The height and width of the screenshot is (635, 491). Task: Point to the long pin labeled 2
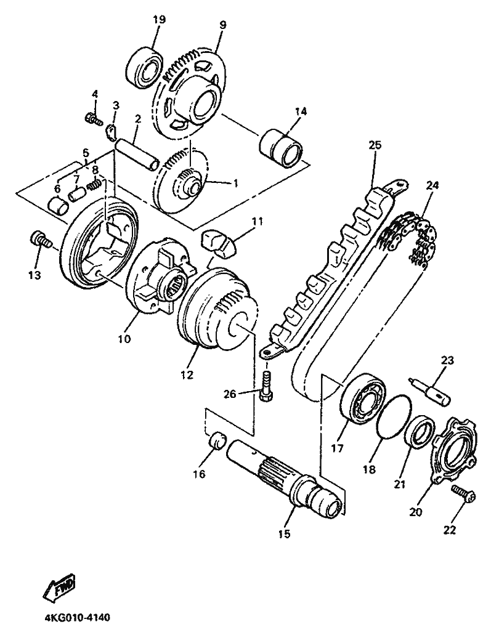coord(136,155)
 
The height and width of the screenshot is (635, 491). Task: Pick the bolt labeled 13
coord(39,240)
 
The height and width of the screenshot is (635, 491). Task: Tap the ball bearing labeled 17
coord(363,399)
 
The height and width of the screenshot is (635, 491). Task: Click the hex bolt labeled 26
coord(266,386)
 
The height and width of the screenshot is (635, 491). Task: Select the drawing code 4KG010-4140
coord(76,619)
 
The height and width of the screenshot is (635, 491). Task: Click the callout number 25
coord(375,145)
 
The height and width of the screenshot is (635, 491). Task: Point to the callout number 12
coord(187,375)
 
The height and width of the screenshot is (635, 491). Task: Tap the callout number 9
coord(223,24)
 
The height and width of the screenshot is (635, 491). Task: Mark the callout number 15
coord(285,534)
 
